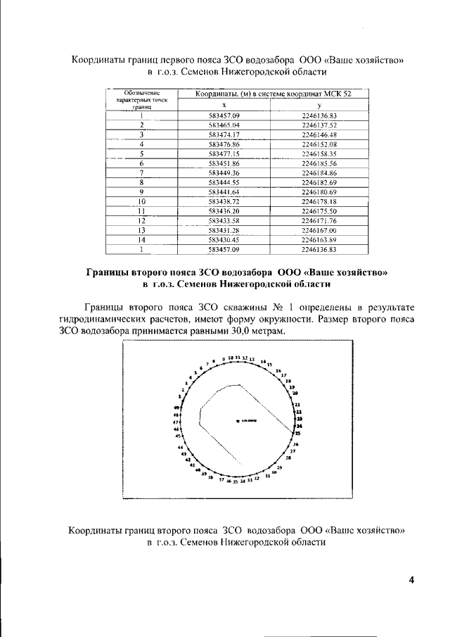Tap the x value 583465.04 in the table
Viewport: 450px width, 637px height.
225,124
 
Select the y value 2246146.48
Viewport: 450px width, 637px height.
319,134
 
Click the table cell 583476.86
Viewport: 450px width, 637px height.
225,144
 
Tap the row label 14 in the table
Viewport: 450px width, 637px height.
141,239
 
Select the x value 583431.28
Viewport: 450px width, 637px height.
225,229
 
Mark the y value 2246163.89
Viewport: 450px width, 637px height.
319,239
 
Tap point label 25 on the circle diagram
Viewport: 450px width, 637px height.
297,433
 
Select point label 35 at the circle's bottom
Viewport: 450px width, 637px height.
236,483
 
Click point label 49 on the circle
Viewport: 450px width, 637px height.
176,408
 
